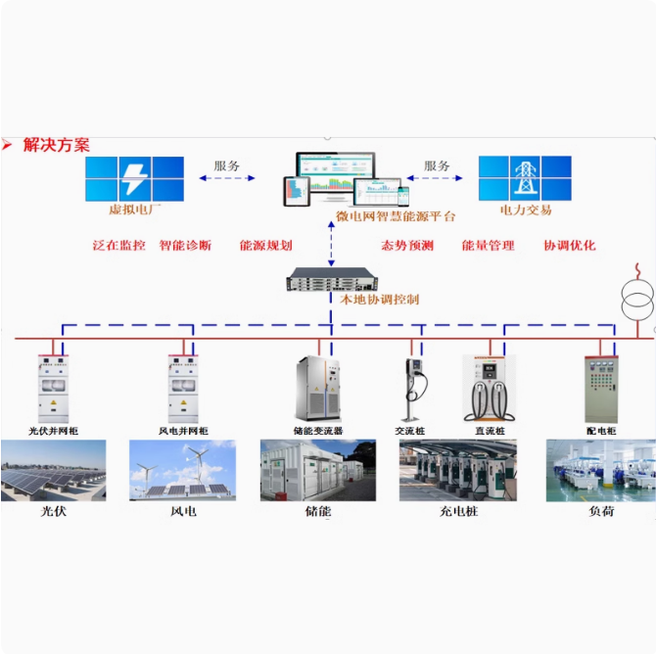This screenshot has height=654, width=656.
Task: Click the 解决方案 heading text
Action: pyautogui.click(x=57, y=145)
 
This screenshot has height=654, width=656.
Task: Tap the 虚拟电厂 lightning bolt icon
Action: pyautogui.click(x=133, y=179)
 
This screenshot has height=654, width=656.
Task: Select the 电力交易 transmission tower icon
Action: pyautogui.click(x=525, y=178)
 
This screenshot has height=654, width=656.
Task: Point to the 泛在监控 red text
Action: pyautogui.click(x=118, y=246)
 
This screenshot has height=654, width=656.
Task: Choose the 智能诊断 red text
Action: pyautogui.click(x=185, y=246)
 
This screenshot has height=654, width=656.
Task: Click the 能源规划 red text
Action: pyautogui.click(x=265, y=246)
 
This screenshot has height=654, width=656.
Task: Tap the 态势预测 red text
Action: pyautogui.click(x=406, y=246)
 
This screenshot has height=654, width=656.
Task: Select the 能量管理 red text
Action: pyautogui.click(x=488, y=246)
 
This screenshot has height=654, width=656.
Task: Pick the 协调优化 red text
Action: pyautogui.click(x=569, y=246)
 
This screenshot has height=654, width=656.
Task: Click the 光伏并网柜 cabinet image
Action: pyautogui.click(x=53, y=388)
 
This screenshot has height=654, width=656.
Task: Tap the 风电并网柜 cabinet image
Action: pyautogui.click(x=182, y=388)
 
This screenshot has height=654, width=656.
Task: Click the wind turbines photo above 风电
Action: pyautogui.click(x=182, y=470)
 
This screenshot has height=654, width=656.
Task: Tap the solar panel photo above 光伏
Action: pyautogui.click(x=53, y=470)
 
